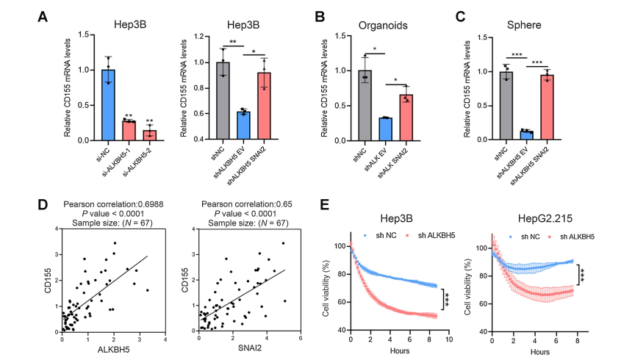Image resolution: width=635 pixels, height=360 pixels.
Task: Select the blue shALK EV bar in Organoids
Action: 386,129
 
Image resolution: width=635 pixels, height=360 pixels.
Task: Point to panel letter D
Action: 43,203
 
